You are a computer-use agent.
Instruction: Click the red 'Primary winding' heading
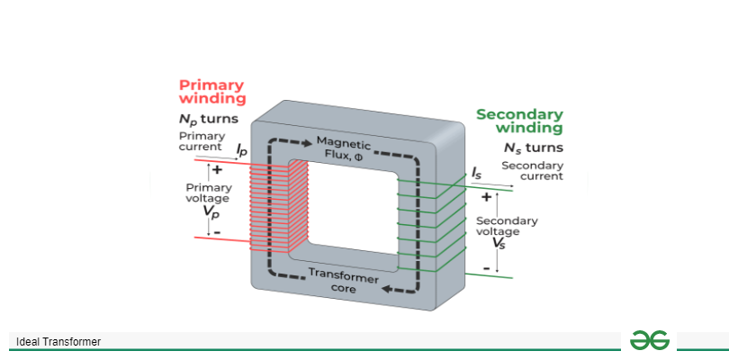coord(211,92)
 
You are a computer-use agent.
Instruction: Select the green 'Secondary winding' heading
coord(519,121)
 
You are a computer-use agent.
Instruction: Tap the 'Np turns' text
coord(208,119)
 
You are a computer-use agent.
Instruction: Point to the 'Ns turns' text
coord(534,148)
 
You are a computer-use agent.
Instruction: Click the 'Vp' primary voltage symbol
coord(210,212)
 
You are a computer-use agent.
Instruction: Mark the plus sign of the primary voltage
coord(216,169)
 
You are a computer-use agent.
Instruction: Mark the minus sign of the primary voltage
coord(216,231)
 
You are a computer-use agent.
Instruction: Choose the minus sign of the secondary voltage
coord(487,267)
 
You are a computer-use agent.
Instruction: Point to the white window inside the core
coord(343,212)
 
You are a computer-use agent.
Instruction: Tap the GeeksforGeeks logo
coord(649,340)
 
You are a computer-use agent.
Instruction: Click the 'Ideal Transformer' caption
coord(58,342)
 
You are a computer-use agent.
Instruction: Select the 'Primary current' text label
coord(201,141)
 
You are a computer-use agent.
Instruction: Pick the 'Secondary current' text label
coord(532,171)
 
